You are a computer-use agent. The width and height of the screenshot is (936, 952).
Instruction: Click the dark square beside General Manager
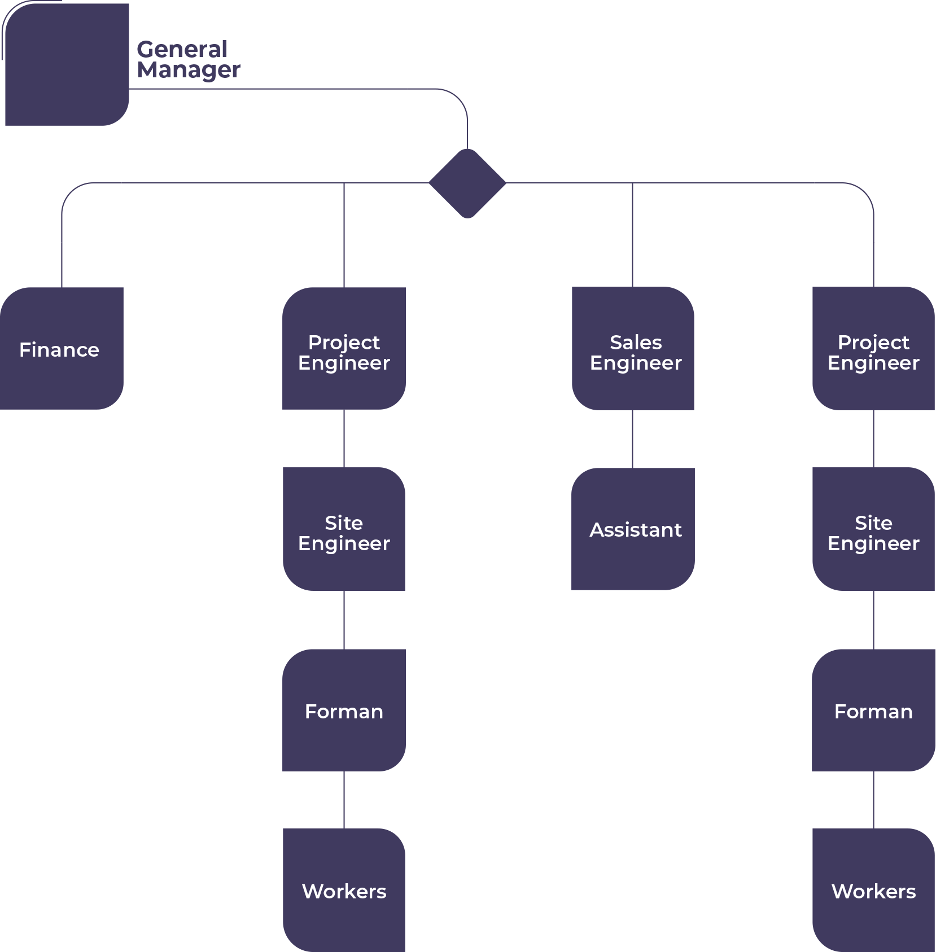[x=67, y=64]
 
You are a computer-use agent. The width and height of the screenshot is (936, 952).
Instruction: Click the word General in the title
[x=182, y=50]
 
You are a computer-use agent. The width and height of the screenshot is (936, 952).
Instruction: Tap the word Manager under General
[x=189, y=70]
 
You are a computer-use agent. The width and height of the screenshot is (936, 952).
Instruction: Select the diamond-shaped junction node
[x=467, y=183]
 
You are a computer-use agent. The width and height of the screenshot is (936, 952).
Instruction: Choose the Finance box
[x=61, y=348]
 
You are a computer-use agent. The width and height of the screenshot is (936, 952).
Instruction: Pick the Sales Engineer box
[x=633, y=348]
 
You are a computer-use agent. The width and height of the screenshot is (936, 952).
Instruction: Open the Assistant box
[x=633, y=529]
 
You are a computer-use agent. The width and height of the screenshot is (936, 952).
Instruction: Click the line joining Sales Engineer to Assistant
[x=632, y=439]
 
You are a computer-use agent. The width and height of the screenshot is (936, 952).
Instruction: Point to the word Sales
[x=636, y=343]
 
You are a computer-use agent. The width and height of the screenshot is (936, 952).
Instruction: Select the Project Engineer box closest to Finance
[x=344, y=348]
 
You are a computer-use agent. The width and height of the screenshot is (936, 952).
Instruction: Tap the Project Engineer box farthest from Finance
[x=873, y=348]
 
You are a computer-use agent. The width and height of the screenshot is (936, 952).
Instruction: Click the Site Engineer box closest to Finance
[x=344, y=529]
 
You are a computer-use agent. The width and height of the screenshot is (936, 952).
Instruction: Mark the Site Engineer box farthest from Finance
[x=873, y=529]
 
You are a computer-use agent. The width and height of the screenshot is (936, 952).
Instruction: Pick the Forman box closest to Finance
[x=344, y=710]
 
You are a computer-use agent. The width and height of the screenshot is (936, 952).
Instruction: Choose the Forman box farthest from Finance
[x=873, y=710]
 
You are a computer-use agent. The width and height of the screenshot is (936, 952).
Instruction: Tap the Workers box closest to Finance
[x=344, y=890]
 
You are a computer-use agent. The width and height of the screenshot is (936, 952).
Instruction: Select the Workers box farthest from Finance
[x=873, y=890]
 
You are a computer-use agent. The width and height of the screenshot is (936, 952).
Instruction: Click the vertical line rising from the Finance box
[x=62, y=248]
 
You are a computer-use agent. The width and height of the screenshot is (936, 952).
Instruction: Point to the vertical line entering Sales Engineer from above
[x=632, y=237]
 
